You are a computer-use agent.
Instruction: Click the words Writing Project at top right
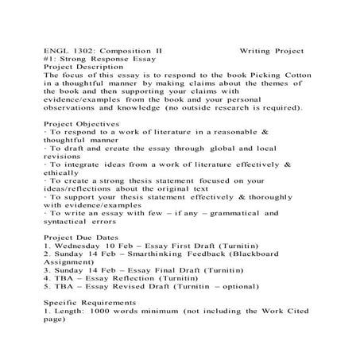pyautogui.click(x=272, y=50)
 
